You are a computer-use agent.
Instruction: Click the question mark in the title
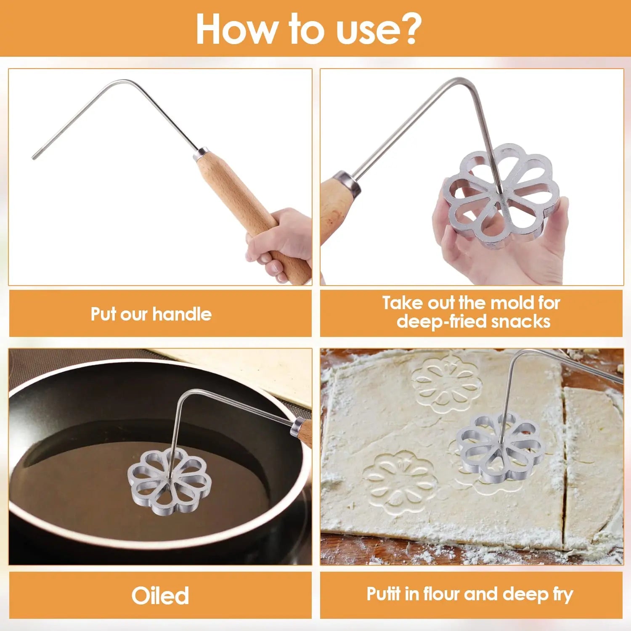tap(407, 29)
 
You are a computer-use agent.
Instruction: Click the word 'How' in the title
tap(236, 29)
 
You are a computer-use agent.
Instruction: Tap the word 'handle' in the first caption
tap(182, 314)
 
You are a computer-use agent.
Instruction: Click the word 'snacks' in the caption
tap(521, 321)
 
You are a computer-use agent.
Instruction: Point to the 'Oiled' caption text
tap(160, 595)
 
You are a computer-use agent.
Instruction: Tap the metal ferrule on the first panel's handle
tap(201, 154)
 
